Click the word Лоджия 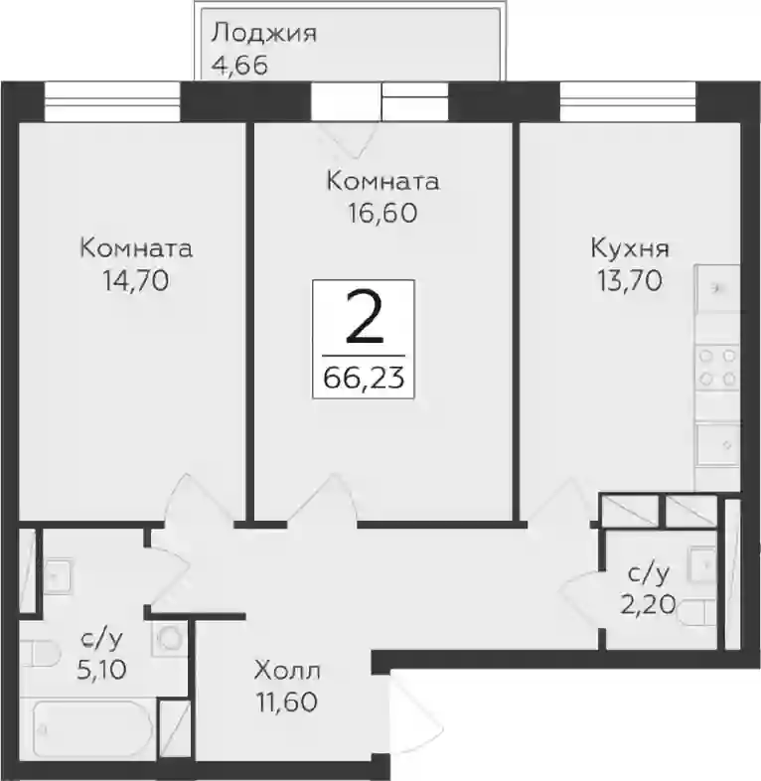(263, 35)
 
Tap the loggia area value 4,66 (240, 66)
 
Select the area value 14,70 (135, 281)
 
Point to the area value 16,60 (382, 214)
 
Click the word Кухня (630, 248)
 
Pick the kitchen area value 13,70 (630, 281)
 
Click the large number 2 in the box (364, 317)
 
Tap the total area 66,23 (364, 378)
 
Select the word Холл (287, 671)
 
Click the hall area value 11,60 (287, 703)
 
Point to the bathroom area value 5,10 (101, 671)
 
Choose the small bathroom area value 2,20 (648, 606)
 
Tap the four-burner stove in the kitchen (717, 368)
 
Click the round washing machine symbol (169, 638)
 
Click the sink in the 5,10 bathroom (59, 577)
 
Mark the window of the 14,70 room (111, 102)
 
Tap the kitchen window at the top (628, 102)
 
